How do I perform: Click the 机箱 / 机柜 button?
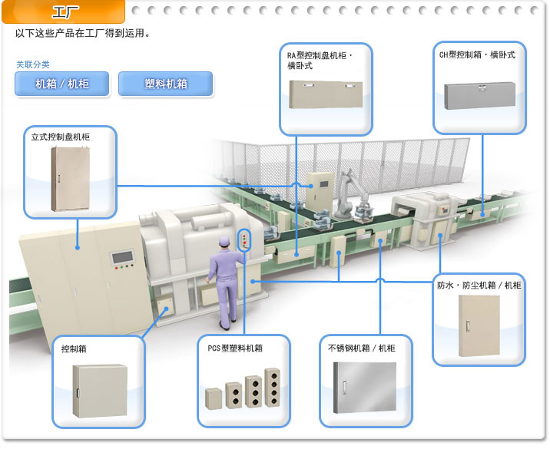tap(62, 84)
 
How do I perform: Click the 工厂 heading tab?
tap(65, 11)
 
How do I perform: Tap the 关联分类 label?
tap(33, 64)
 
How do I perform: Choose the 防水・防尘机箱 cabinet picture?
tap(478, 326)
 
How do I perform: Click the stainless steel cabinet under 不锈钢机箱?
tap(364, 391)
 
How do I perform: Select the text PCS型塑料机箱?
tap(235, 348)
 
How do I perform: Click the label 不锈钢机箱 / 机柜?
tap(360, 348)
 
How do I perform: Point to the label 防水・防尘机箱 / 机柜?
tap(479, 285)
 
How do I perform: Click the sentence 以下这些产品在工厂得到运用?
tap(82, 35)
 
